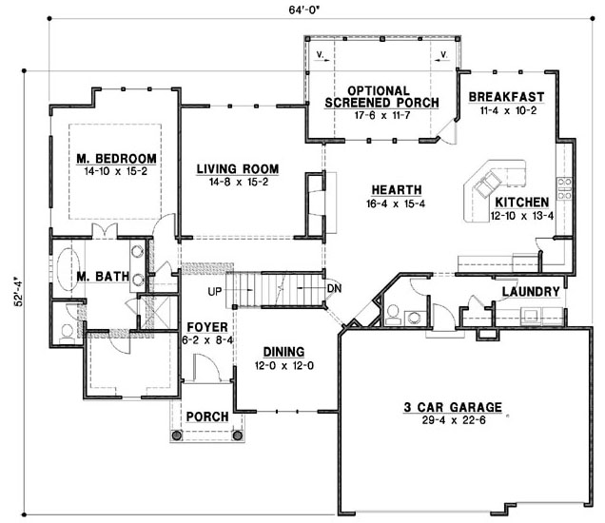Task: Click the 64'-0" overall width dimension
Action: click(x=304, y=10)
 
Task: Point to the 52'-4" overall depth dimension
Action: click(x=18, y=291)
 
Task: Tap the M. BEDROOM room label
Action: click(x=116, y=159)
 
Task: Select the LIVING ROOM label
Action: click(x=238, y=169)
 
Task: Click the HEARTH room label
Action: click(x=397, y=190)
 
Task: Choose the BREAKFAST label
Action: click(x=506, y=97)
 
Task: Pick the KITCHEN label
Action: click(x=521, y=203)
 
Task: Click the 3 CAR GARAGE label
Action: click(x=453, y=407)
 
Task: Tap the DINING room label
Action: click(x=283, y=352)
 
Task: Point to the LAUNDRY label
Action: click(x=531, y=292)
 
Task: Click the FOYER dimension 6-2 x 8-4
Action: click(x=207, y=340)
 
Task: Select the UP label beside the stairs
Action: click(x=215, y=292)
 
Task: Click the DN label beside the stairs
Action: click(x=334, y=288)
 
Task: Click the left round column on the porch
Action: click(x=176, y=436)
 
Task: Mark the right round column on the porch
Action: click(x=237, y=436)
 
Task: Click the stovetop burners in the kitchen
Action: click(x=564, y=188)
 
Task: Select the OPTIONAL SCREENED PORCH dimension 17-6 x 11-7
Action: click(x=382, y=115)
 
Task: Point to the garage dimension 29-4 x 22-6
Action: click(x=454, y=420)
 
